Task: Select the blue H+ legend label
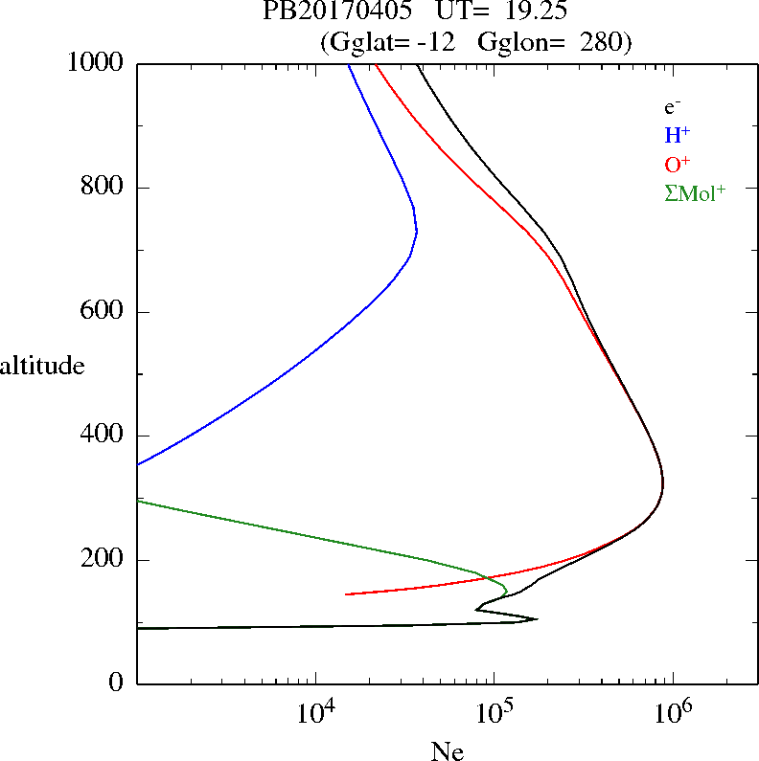point(677,135)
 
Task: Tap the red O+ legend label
point(677,164)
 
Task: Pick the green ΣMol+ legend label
point(695,192)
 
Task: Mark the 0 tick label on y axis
point(118,683)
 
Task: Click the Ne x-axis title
point(447,751)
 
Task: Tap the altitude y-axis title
point(42,365)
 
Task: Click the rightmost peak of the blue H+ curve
point(417,230)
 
